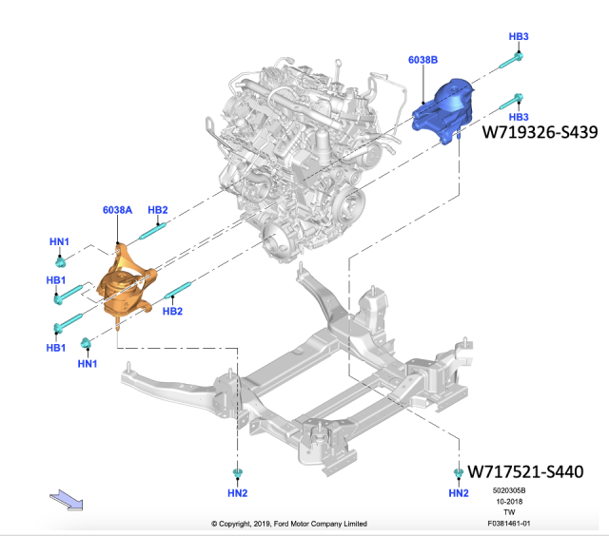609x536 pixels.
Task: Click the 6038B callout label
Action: click(x=422, y=60)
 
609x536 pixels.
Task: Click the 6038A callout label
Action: click(x=118, y=209)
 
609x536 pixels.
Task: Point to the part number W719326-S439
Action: click(x=540, y=132)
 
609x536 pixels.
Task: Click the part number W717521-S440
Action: click(x=532, y=470)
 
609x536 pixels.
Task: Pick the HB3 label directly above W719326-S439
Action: click(x=518, y=116)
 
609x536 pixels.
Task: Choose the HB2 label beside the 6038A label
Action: click(x=158, y=209)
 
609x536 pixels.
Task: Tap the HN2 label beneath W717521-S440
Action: click(x=458, y=493)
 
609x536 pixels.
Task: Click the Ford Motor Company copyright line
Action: click(x=304, y=523)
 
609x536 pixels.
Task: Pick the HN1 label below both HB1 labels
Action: click(x=87, y=363)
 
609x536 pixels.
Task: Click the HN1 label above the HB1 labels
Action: click(x=59, y=242)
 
